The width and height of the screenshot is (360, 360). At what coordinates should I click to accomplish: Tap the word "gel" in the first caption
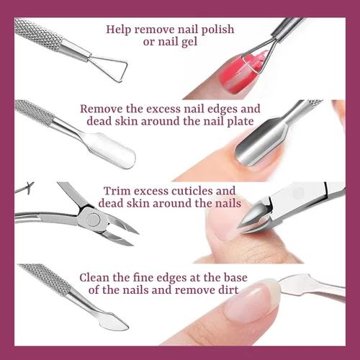[188, 42]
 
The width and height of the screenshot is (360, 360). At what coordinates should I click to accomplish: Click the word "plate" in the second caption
[240, 122]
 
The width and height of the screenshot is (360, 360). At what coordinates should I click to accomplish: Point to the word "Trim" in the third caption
[117, 191]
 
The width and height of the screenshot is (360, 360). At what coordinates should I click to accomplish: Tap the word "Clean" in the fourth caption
[94, 278]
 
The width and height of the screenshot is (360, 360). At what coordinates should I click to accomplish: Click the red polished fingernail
[238, 74]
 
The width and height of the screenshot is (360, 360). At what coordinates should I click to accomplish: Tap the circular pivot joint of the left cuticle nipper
[94, 220]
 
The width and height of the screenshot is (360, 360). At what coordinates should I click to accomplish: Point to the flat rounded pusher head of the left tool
[112, 150]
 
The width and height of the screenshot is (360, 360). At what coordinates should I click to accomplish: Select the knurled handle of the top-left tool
[38, 35]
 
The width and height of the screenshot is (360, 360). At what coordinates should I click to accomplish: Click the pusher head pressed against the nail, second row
[261, 144]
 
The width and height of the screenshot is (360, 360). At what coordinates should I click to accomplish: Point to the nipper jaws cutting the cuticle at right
[254, 218]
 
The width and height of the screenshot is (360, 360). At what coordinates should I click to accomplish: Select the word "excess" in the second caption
[163, 109]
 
